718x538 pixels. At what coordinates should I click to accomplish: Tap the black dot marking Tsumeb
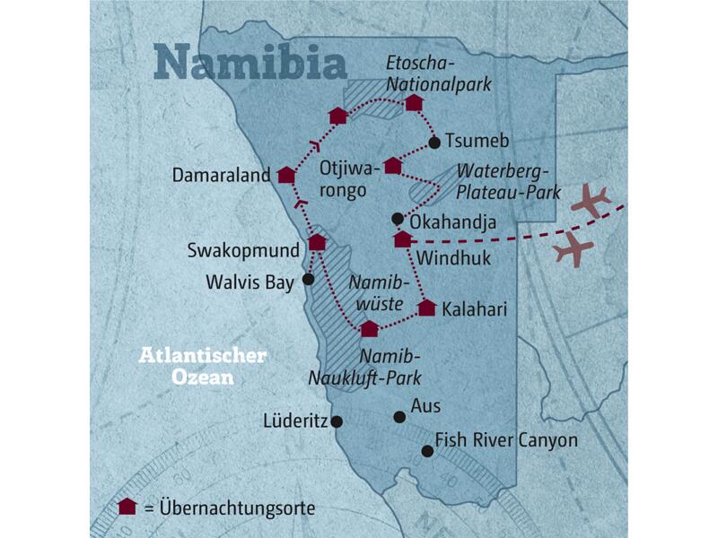[434, 143]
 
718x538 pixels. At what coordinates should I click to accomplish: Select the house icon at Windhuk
[403, 239]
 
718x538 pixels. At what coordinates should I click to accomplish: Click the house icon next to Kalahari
[427, 308]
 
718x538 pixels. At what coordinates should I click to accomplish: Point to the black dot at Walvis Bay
[309, 279]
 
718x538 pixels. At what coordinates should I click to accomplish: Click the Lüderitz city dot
[337, 421]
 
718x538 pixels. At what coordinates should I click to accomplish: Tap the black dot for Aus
[400, 416]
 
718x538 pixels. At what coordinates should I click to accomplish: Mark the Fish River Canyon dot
[427, 451]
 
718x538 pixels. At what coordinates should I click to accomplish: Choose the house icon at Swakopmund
[317, 242]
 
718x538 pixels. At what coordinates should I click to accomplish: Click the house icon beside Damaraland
[286, 176]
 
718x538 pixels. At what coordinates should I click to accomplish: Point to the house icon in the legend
[127, 507]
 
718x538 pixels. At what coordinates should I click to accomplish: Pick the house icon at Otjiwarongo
[392, 166]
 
